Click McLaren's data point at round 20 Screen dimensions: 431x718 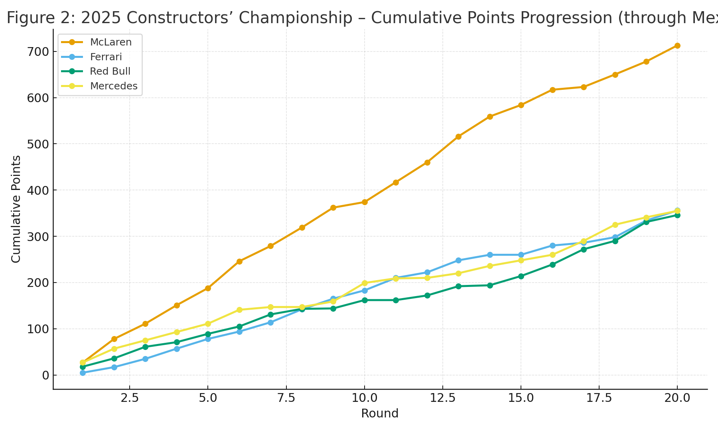click(677, 46)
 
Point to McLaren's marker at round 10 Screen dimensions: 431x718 click(364, 202)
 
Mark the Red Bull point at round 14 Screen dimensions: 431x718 click(490, 285)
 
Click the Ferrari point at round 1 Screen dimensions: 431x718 click(83, 373)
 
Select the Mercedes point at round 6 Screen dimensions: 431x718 click(239, 310)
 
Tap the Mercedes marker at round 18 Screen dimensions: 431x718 click(615, 225)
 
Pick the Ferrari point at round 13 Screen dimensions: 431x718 click(458, 260)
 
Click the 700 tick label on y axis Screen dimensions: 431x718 click(38, 52)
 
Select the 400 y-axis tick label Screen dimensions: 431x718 click(38, 190)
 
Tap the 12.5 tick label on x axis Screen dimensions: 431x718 click(443, 398)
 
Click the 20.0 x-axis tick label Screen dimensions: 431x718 click(677, 398)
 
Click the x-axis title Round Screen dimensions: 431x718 click(380, 414)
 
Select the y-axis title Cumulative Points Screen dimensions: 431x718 click(16, 209)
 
